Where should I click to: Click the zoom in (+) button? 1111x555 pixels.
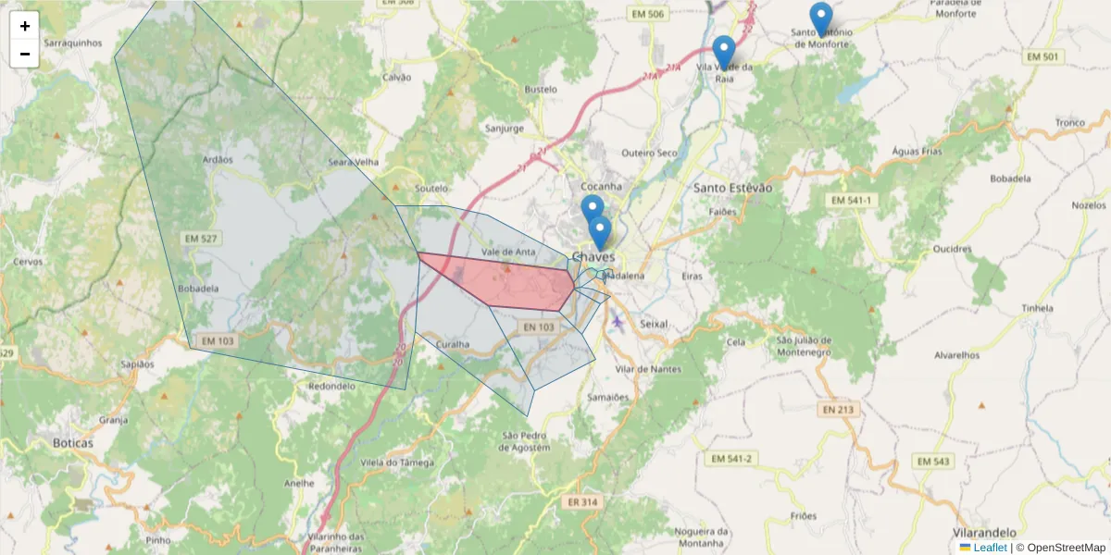pyautogui.click(x=25, y=26)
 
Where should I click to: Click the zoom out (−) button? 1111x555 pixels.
pyautogui.click(x=25, y=54)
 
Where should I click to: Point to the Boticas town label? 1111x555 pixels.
pyautogui.click(x=73, y=443)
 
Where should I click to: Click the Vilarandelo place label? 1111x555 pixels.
pyautogui.click(x=984, y=533)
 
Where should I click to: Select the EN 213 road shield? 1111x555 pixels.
pyautogui.click(x=838, y=409)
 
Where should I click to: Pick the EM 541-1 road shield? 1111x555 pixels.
pyautogui.click(x=851, y=201)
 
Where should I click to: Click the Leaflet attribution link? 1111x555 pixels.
pyautogui.click(x=990, y=548)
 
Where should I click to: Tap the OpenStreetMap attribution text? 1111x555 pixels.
pyautogui.click(x=1065, y=548)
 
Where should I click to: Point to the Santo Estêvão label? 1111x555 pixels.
pyautogui.click(x=732, y=188)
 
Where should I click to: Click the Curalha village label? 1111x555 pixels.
pyautogui.click(x=453, y=344)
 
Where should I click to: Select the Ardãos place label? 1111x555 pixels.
pyautogui.click(x=218, y=159)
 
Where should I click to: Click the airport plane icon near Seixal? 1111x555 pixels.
pyautogui.click(x=618, y=321)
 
